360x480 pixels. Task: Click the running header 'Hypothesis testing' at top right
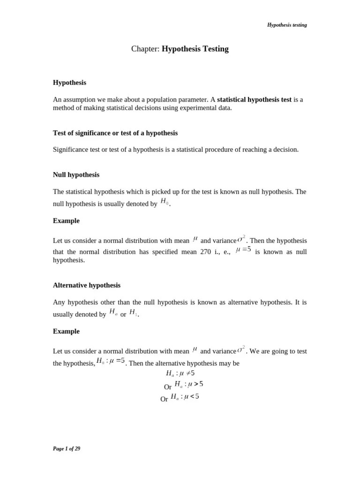(x=287, y=25)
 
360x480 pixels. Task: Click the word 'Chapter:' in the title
(x=145, y=49)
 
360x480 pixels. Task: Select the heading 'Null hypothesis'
(x=76, y=175)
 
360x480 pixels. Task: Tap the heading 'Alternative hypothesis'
(x=87, y=285)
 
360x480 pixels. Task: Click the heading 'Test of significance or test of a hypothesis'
(x=115, y=133)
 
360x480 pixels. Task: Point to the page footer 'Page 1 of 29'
(x=67, y=449)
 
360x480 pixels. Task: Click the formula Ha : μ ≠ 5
(x=180, y=373)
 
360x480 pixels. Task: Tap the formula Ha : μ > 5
(x=188, y=384)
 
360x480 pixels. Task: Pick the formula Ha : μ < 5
(x=185, y=397)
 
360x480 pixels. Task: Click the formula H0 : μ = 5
(x=110, y=361)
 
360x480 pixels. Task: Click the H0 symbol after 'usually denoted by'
(x=164, y=202)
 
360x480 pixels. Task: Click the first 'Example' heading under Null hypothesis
(x=66, y=221)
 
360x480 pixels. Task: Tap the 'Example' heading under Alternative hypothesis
(x=66, y=331)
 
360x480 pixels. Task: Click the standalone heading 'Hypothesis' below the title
(x=69, y=82)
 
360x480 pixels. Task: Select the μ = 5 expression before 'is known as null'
(x=243, y=250)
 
